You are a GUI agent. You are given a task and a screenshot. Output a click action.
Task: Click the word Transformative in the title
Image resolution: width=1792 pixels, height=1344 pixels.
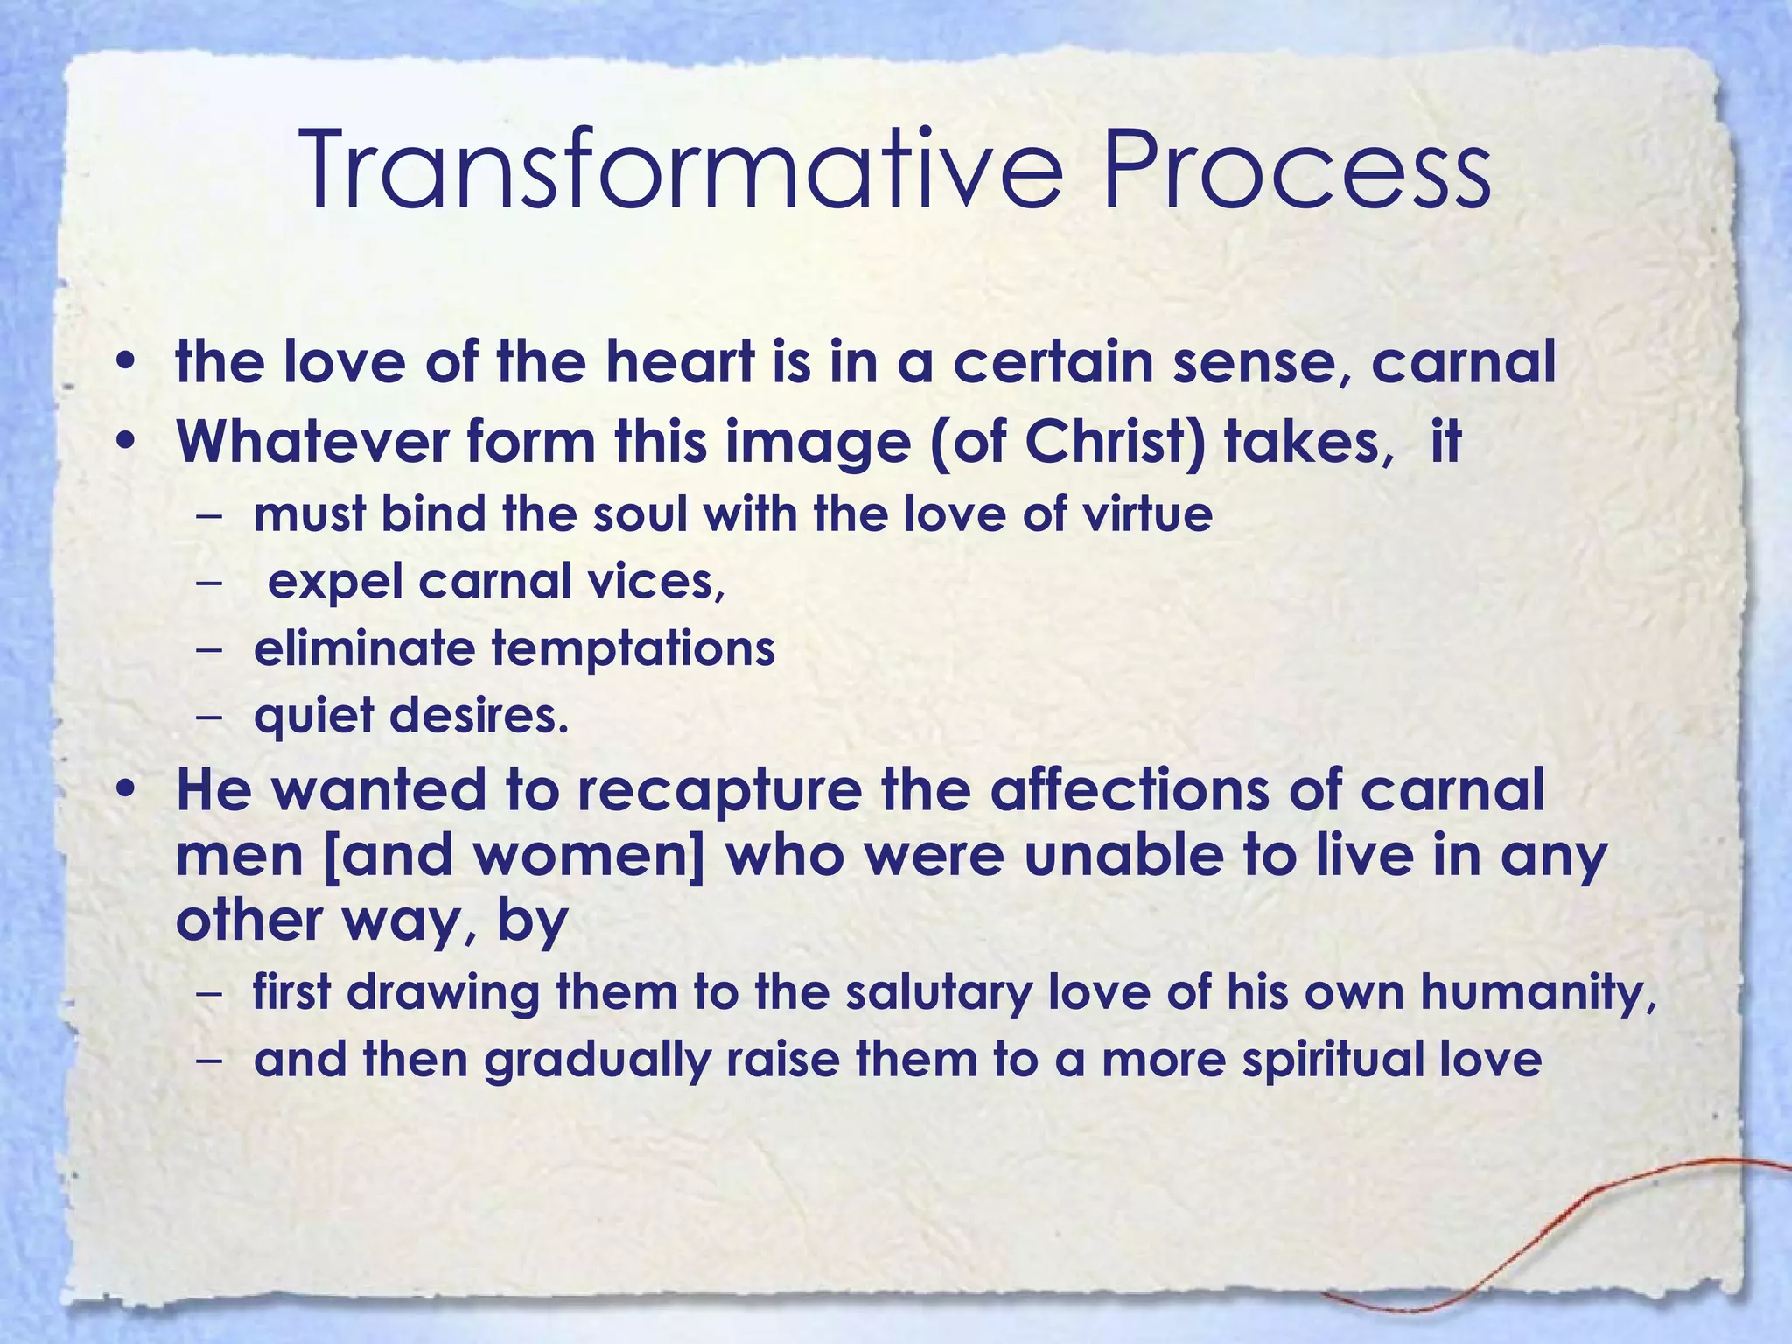pyautogui.click(x=682, y=171)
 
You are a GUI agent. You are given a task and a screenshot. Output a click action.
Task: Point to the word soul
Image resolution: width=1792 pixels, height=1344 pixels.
pyautogui.click(x=642, y=514)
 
